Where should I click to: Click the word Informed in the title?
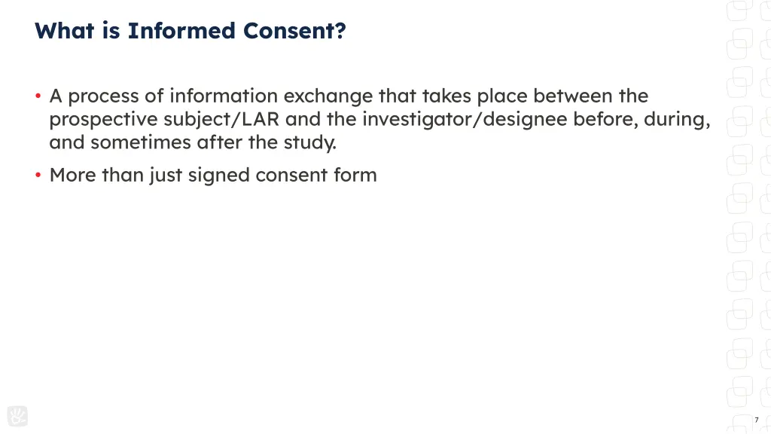[x=181, y=31]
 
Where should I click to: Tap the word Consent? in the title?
[x=294, y=31]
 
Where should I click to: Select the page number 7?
[x=756, y=420]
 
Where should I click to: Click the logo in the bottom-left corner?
[x=17, y=416]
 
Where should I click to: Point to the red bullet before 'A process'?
[x=38, y=96]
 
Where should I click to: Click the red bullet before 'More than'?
[x=38, y=176]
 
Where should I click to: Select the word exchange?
[x=328, y=96]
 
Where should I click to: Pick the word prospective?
[x=103, y=120]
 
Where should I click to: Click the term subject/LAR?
[x=222, y=120]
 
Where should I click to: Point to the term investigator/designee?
[x=465, y=120]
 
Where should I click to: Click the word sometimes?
[x=142, y=142]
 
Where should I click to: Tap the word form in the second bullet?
[x=356, y=176]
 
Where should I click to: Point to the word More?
[x=72, y=176]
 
